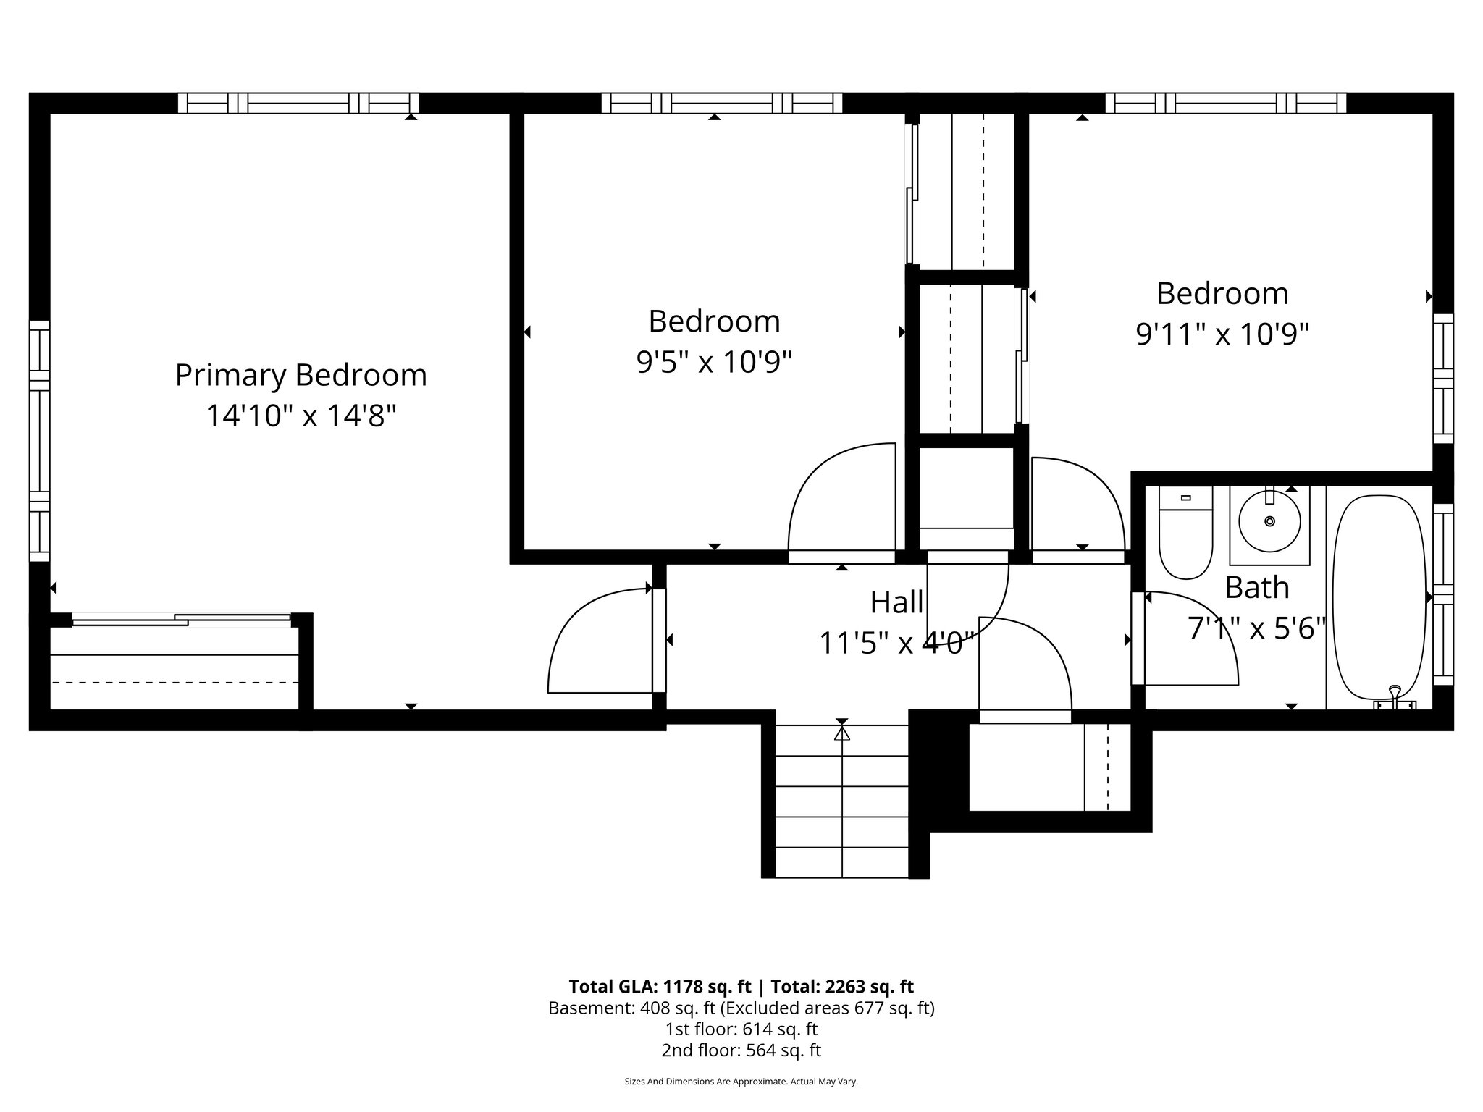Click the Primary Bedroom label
point(301,376)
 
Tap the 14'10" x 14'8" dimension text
point(301,416)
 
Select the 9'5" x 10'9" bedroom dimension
point(714,362)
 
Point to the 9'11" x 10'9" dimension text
point(1222,334)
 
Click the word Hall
point(896,602)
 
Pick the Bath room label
point(1257,588)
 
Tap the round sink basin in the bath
point(1269,521)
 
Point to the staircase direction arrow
point(841,733)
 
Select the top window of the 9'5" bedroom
point(721,104)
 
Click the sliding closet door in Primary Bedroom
point(181,620)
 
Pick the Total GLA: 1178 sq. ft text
point(663,987)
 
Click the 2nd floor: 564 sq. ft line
point(741,1050)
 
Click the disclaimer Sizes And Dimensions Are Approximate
point(741,1101)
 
